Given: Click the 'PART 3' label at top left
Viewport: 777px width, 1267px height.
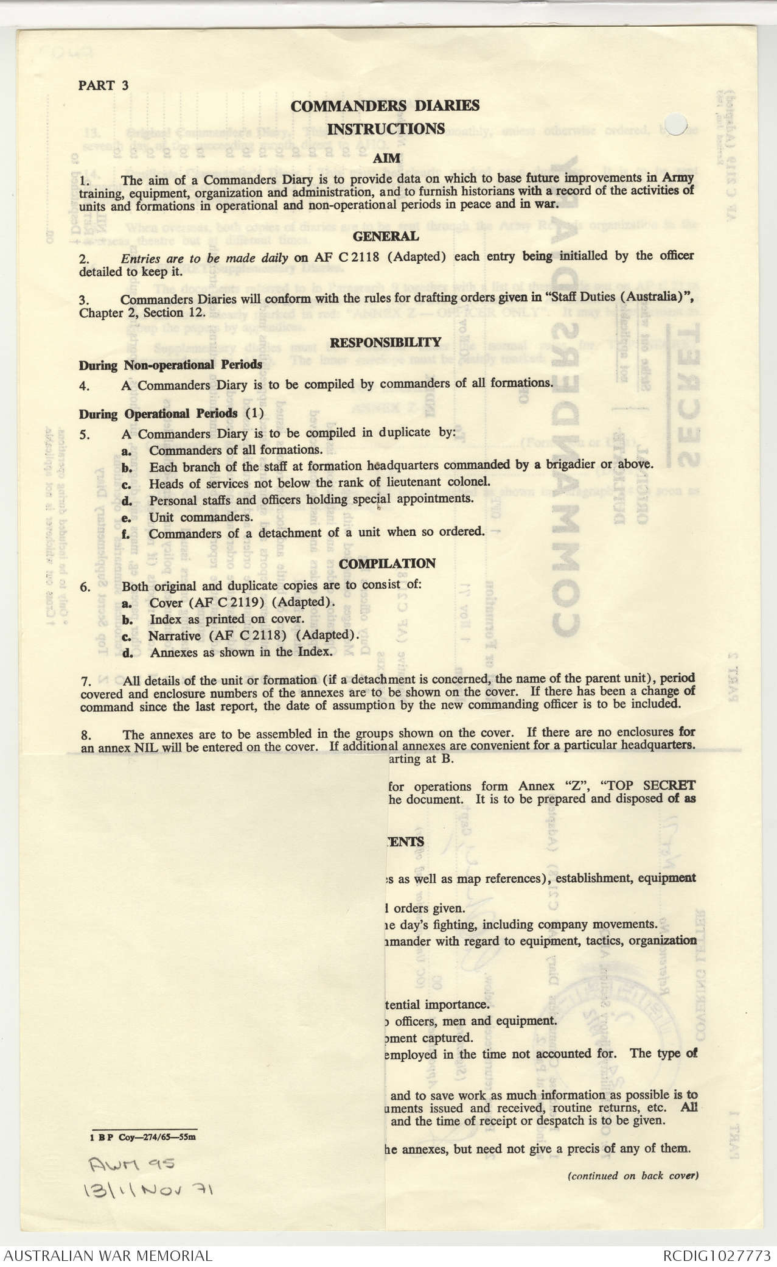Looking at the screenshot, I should click(103, 85).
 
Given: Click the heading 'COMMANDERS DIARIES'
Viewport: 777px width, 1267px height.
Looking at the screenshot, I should click(385, 106).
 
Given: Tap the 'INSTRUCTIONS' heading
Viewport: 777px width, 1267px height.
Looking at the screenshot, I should click(386, 129).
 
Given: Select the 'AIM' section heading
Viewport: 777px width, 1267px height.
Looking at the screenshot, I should click(386, 158).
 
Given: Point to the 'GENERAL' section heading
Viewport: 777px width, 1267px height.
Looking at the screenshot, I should click(386, 236).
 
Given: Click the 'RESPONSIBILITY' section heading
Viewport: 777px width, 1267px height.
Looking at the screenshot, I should click(385, 342).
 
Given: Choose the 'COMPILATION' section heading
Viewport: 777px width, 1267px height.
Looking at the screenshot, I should click(387, 564).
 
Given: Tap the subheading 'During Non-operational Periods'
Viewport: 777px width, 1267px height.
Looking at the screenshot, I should click(170, 365).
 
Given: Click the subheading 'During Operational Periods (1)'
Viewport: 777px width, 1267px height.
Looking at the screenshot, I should click(171, 414).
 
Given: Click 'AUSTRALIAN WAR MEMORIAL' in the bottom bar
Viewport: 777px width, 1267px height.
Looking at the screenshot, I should click(108, 1255).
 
